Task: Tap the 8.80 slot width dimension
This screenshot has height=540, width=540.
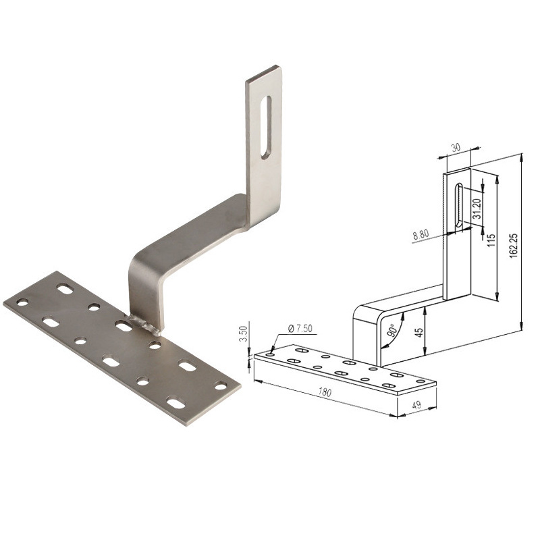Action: [x=420, y=236]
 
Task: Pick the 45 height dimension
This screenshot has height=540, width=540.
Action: [x=418, y=333]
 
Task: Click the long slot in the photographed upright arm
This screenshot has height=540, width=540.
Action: [x=265, y=128]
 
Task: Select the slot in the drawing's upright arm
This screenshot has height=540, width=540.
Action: [x=458, y=205]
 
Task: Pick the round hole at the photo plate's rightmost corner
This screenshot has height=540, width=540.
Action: [x=221, y=385]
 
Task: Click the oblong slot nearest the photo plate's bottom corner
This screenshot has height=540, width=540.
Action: [x=175, y=404]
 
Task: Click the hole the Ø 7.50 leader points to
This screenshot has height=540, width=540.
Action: [x=271, y=353]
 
